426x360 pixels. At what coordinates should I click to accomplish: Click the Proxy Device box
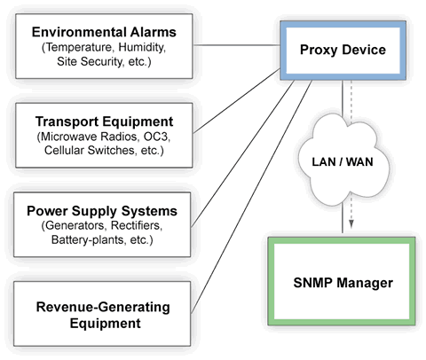(x=343, y=50)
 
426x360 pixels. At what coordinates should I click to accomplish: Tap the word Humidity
(x=141, y=48)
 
